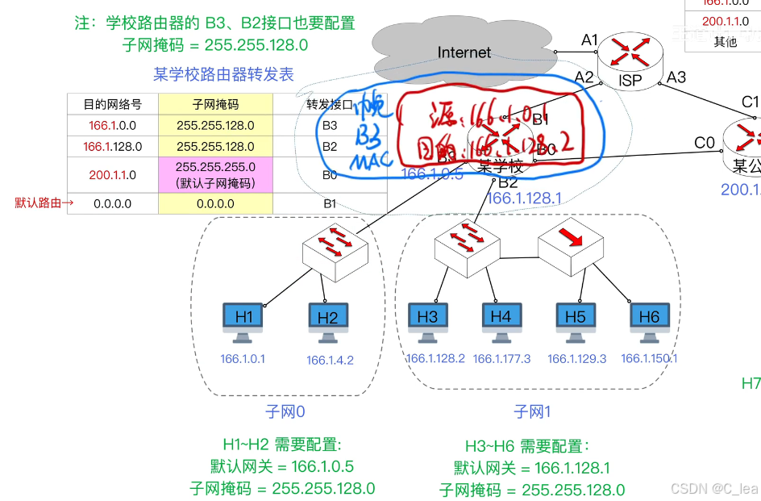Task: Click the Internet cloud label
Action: [x=464, y=52]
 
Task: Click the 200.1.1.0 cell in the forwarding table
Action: [x=113, y=174]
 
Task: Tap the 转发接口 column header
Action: [x=330, y=105]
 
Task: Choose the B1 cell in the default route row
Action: [x=330, y=203]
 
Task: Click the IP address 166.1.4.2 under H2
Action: [x=330, y=361]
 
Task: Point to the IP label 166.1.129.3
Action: [x=576, y=359]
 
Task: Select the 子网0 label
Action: [x=285, y=412]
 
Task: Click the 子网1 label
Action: [x=533, y=412]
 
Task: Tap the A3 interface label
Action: [x=676, y=77]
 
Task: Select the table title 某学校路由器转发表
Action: [x=223, y=75]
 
